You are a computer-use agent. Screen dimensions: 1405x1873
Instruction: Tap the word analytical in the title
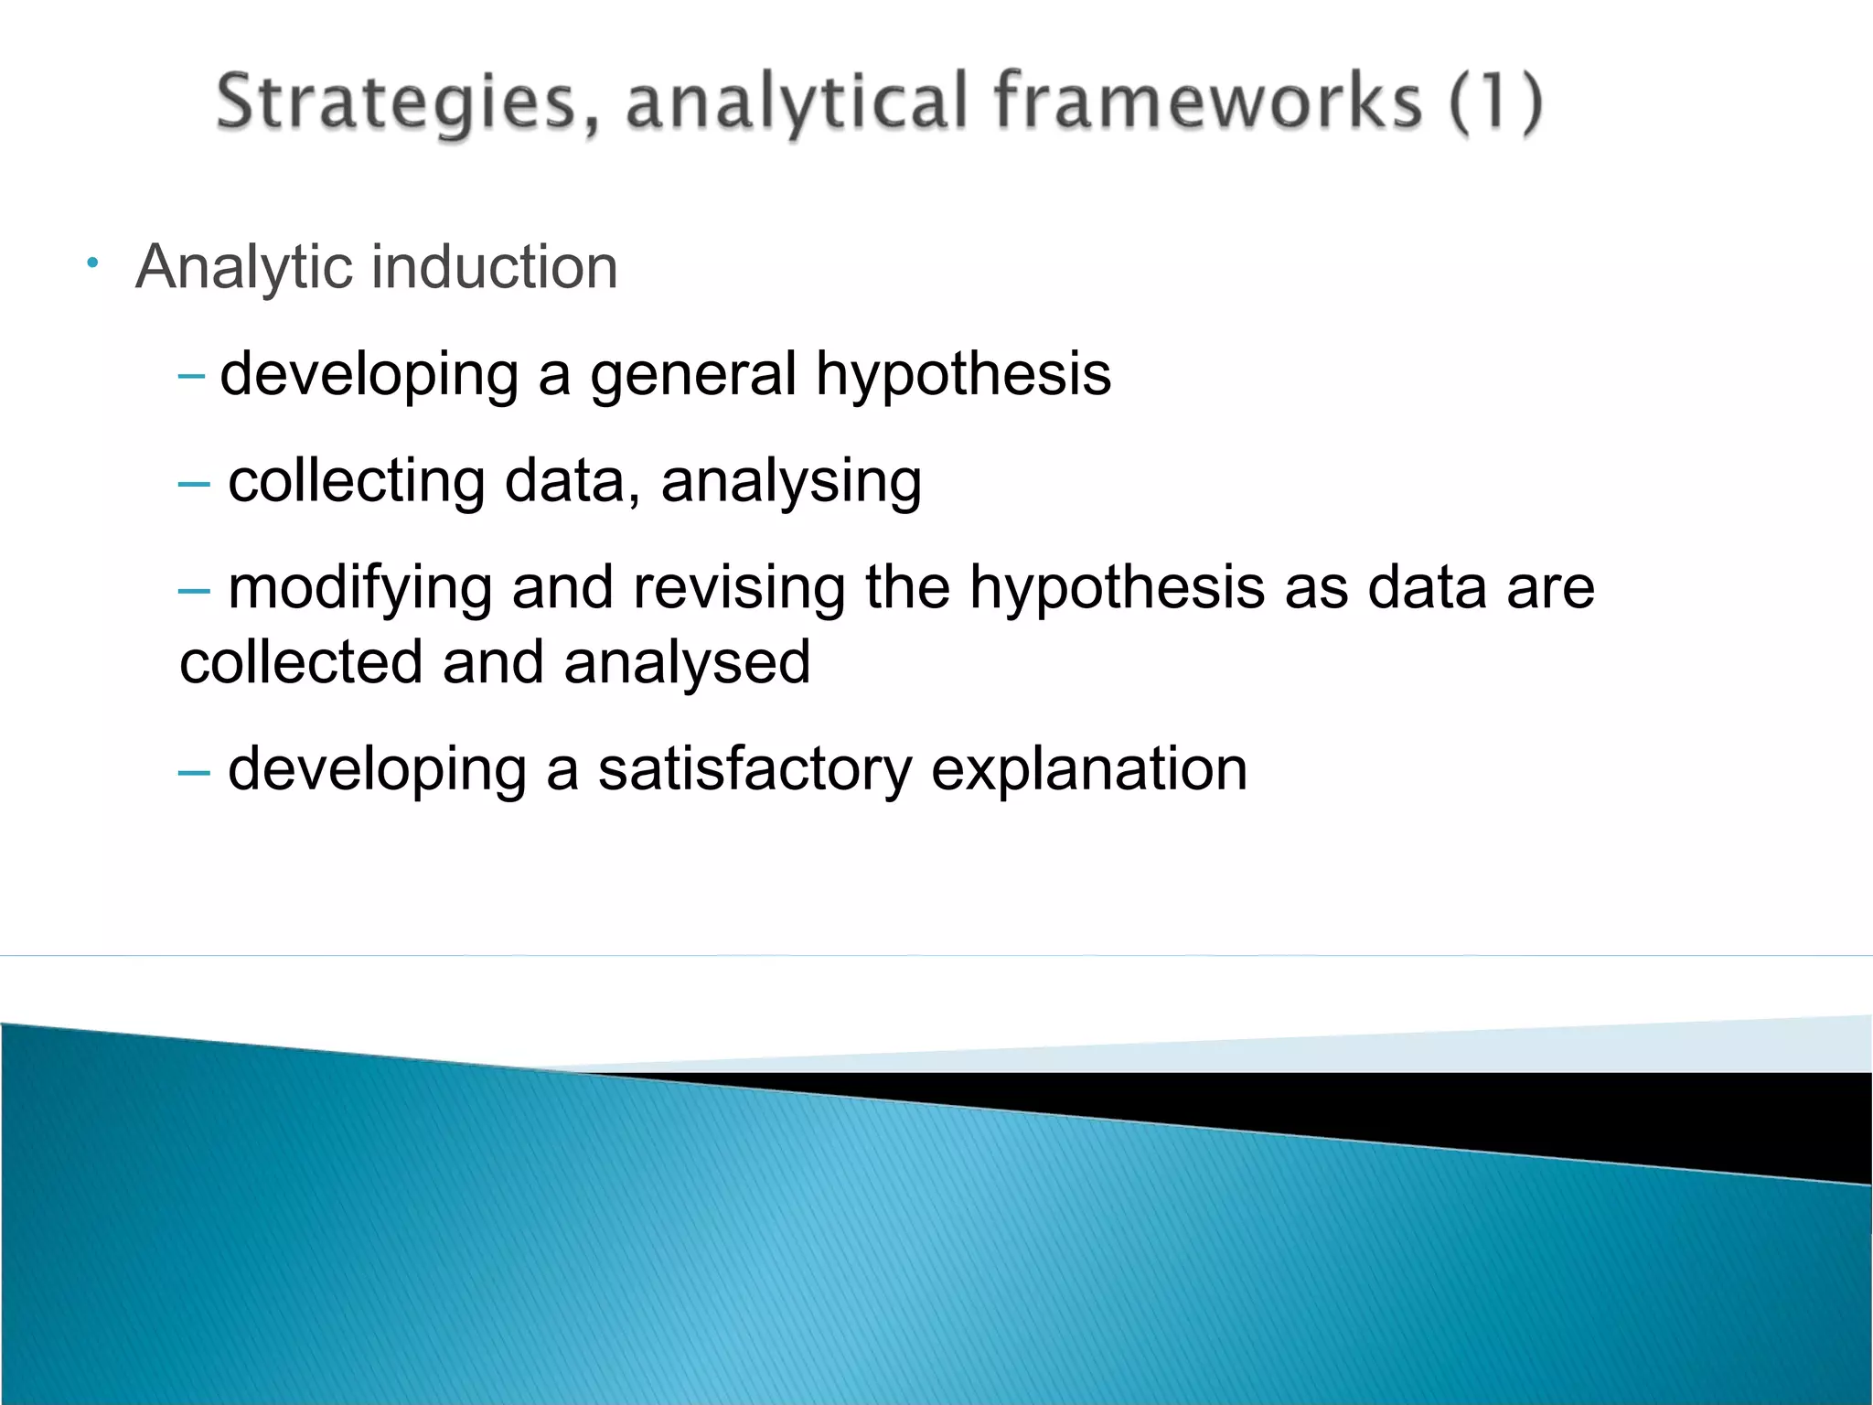point(796,102)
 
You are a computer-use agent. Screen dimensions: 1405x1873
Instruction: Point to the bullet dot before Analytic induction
point(92,264)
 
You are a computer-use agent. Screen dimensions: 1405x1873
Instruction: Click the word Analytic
point(244,268)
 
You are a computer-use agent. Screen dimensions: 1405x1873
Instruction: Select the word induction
point(495,267)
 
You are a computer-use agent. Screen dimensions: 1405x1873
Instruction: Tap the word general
point(693,375)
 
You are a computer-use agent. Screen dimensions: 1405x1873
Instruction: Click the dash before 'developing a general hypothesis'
point(192,375)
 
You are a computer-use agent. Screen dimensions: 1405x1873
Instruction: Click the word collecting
point(357,482)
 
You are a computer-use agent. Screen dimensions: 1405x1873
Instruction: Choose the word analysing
point(791,482)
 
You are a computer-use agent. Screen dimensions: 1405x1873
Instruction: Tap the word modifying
point(360,588)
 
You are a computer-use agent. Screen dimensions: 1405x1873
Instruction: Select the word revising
point(739,588)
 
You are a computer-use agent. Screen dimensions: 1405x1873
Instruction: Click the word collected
point(301,663)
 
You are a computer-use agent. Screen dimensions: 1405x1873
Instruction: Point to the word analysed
point(687,663)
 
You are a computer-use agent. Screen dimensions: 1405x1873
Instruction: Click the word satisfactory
point(755,770)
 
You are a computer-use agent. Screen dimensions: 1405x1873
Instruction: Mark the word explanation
point(1088,770)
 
